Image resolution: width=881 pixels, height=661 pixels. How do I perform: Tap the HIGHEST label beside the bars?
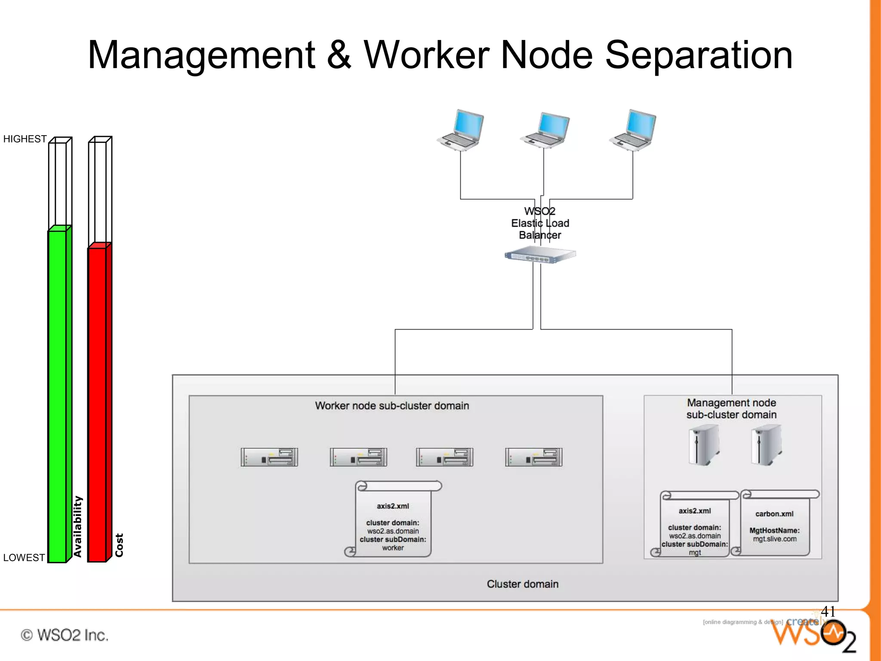point(25,139)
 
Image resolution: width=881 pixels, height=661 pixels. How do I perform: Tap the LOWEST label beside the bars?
point(24,557)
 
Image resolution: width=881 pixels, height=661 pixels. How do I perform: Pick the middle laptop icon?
point(545,130)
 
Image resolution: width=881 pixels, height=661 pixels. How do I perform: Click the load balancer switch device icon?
point(540,255)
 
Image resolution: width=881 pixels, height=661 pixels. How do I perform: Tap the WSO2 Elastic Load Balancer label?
point(540,223)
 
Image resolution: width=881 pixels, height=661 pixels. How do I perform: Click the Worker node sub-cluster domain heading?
point(392,406)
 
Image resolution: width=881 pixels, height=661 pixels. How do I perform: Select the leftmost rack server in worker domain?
point(269,457)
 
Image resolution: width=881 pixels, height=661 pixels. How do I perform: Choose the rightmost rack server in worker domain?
point(533,457)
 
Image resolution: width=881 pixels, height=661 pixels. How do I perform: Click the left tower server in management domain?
point(704,445)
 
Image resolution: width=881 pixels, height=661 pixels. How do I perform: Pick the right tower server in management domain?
point(767,445)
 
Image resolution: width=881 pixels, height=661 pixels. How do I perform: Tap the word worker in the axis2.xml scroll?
point(393,548)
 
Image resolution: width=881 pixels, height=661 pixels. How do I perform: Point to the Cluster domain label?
point(523,584)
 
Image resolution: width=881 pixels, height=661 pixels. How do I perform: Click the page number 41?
point(828,611)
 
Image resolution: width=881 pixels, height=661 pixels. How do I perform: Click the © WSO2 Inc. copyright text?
point(65,635)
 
